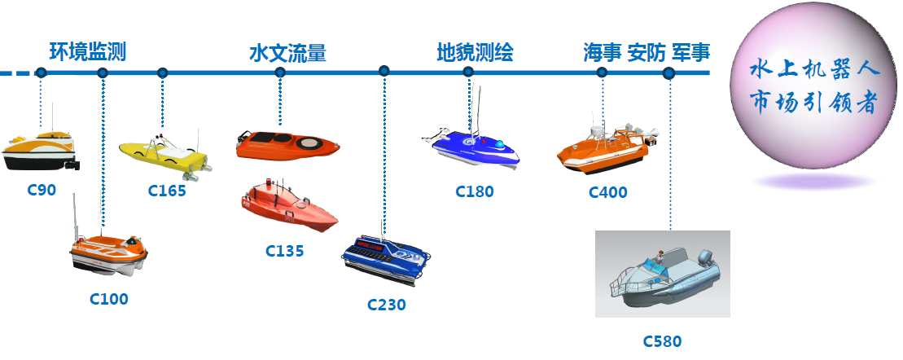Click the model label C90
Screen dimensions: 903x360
point(42,190)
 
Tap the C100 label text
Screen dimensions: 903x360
point(109,299)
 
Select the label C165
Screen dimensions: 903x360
point(167,191)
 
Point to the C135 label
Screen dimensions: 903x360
point(284,251)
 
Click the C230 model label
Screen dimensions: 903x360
point(387,304)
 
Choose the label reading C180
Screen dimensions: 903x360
point(475,191)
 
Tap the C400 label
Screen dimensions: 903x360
point(607,191)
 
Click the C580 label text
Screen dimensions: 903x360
point(662,341)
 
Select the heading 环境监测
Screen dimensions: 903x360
point(88,52)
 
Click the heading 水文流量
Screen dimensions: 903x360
point(288,53)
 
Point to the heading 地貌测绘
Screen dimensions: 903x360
point(475,52)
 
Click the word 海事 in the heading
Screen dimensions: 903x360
point(602,52)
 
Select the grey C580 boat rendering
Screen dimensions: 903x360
point(663,274)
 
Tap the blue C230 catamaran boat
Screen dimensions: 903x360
point(386,259)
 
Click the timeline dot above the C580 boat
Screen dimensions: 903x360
point(668,73)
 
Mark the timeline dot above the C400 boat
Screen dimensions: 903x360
point(602,72)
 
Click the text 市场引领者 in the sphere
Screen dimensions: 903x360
point(815,103)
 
